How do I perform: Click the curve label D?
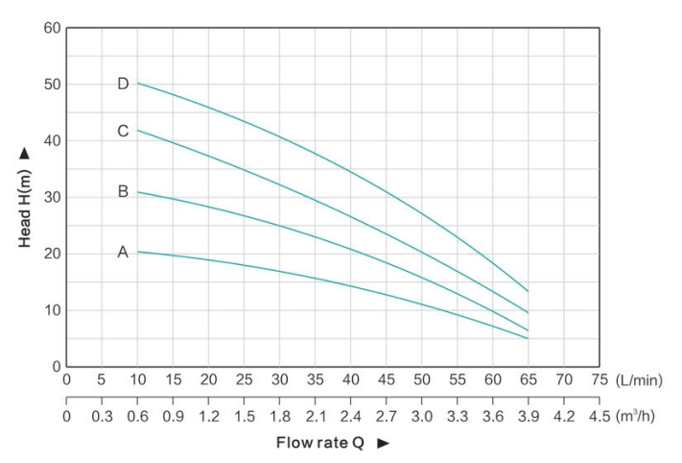123,84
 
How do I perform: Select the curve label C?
123,132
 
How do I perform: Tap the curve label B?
123,191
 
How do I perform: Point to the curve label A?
123,253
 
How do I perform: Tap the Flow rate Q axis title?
317,443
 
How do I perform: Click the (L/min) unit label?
639,380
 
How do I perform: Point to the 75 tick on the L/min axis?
600,380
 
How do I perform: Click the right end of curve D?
528,291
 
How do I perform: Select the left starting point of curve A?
137,252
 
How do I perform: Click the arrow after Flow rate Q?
383,443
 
